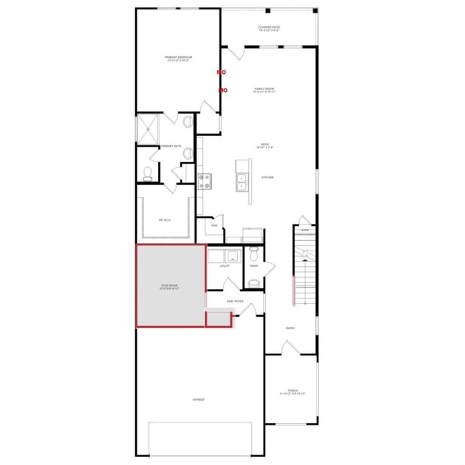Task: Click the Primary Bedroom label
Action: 177,59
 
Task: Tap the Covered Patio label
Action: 269,28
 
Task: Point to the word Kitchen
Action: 267,177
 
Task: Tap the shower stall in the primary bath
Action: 147,128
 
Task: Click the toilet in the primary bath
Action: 147,174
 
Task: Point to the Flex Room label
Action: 170,286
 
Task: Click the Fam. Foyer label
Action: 235,301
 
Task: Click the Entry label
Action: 290,328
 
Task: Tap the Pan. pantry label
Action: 214,225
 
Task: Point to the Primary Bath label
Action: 171,146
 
